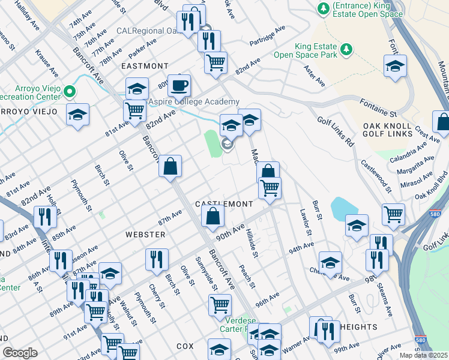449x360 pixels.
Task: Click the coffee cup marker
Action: [x=178, y=85]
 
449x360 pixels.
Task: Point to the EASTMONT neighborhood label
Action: [x=145, y=66]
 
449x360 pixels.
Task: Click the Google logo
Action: [x=20, y=353]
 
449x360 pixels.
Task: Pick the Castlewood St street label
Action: [x=375, y=176]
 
